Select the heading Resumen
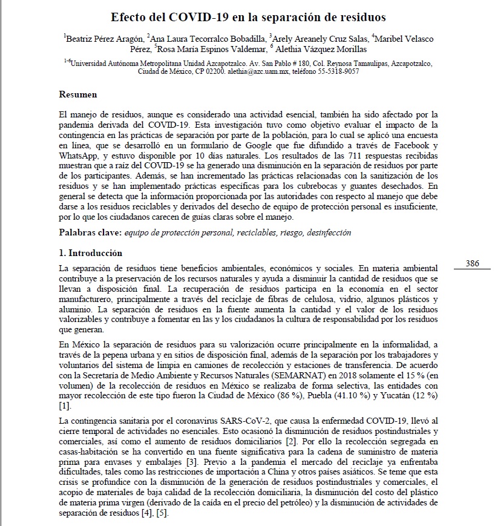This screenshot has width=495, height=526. pyautogui.click(x=77, y=94)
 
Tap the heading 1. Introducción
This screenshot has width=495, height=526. pyautogui.click(x=90, y=252)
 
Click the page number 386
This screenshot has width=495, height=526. pyautogui.click(x=473, y=263)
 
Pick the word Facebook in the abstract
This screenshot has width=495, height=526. pyautogui.click(x=411, y=146)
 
